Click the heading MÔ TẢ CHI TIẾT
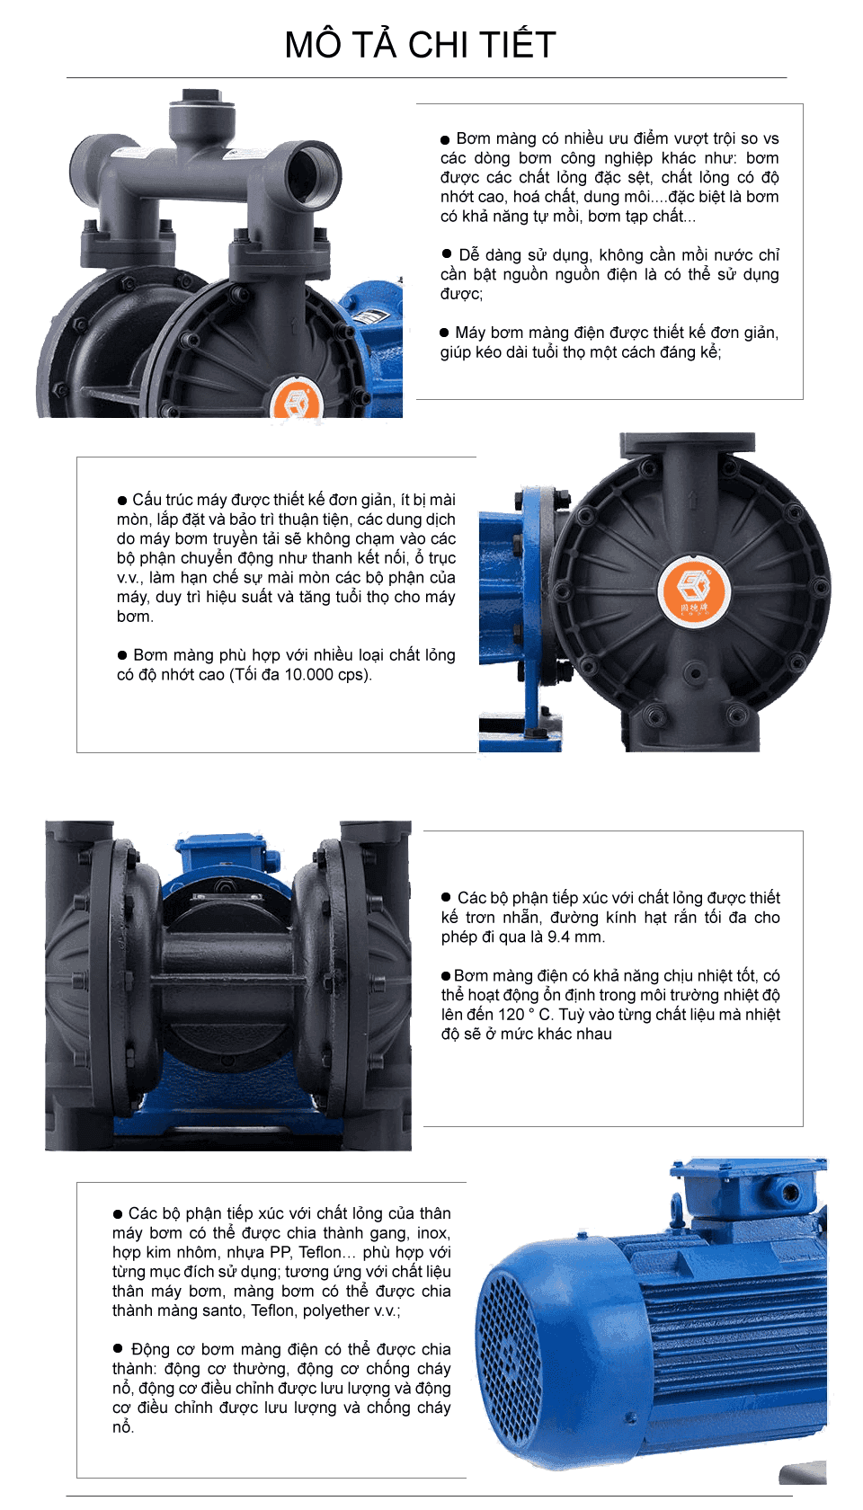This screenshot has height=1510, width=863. [420, 45]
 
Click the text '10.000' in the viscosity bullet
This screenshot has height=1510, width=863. [307, 675]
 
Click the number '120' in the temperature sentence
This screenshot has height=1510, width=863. [511, 1015]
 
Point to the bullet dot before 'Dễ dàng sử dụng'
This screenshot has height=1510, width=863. [446, 253]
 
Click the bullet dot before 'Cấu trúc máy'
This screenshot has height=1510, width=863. [122, 500]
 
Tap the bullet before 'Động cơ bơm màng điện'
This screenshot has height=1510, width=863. [118, 1348]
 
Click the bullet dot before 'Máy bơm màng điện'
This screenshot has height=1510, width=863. [444, 333]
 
